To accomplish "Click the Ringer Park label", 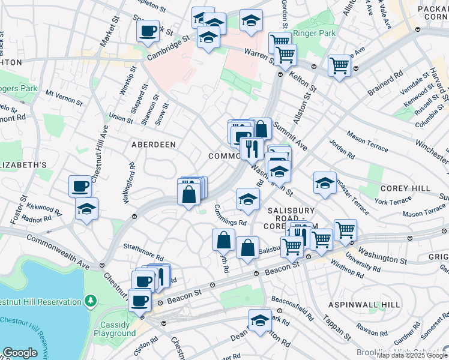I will [315, 34].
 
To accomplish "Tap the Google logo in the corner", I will [20, 353].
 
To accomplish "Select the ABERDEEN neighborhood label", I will [154, 145].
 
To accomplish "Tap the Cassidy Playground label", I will [115, 329].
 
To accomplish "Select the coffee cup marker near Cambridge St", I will [148, 30].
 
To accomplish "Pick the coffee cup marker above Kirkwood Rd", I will [80, 185].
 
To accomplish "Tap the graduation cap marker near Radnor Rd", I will [87, 209].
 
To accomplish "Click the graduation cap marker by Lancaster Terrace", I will [325, 182].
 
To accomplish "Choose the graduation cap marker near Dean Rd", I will [260, 320].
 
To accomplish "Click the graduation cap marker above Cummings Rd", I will [247, 199].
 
